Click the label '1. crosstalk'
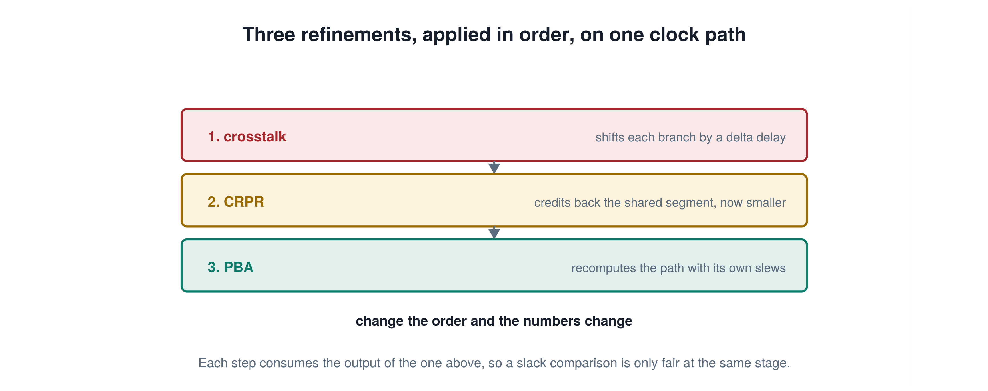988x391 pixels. tap(247, 137)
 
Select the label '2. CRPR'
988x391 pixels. tap(235, 202)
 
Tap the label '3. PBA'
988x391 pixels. tap(230, 267)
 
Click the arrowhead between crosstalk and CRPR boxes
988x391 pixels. tap(494, 168)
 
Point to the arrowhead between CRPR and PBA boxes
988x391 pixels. tap(494, 233)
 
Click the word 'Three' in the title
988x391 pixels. tap(269, 35)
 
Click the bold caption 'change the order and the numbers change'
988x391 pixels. tap(494, 321)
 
